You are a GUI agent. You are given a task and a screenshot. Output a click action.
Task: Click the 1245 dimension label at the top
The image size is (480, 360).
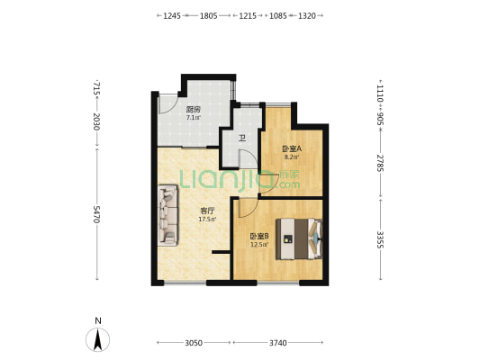[x=172, y=16]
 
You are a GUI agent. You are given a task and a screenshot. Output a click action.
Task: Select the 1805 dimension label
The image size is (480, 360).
[x=208, y=16]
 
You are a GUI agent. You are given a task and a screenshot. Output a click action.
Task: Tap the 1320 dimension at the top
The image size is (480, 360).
[x=307, y=16]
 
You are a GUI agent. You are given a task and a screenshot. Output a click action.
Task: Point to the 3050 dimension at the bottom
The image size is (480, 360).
[x=194, y=343]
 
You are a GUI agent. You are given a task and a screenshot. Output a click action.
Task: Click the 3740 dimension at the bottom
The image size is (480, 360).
[x=278, y=343]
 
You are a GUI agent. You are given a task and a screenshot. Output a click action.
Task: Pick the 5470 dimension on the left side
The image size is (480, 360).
[x=96, y=214]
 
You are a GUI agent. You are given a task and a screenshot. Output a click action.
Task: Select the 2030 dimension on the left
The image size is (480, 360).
[x=96, y=121]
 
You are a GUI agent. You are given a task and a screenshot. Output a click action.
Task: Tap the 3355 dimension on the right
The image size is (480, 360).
[x=380, y=239]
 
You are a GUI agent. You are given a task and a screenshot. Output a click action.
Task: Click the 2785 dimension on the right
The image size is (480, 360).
[x=380, y=163]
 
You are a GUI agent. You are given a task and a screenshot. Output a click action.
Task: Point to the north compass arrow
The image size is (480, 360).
[x=97, y=339]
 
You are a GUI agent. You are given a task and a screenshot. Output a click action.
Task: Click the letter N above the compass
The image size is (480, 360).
[x=98, y=320]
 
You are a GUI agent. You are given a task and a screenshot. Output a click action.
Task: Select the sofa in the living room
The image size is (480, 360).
[x=168, y=215]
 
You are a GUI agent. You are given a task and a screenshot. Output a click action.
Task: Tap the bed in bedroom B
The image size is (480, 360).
[x=299, y=238]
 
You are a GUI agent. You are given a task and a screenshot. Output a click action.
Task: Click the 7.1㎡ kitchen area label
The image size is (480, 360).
[x=194, y=118]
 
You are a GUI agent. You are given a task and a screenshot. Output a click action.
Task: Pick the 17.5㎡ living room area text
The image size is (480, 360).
[x=207, y=219]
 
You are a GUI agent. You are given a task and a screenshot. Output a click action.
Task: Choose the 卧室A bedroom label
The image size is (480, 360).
[x=292, y=149]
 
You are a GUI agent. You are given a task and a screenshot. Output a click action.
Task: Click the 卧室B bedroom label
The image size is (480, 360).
[x=259, y=236]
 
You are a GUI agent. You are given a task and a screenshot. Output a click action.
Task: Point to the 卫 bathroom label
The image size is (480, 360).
[x=242, y=139]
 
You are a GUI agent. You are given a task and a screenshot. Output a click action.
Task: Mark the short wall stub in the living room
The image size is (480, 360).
[x=221, y=252]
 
